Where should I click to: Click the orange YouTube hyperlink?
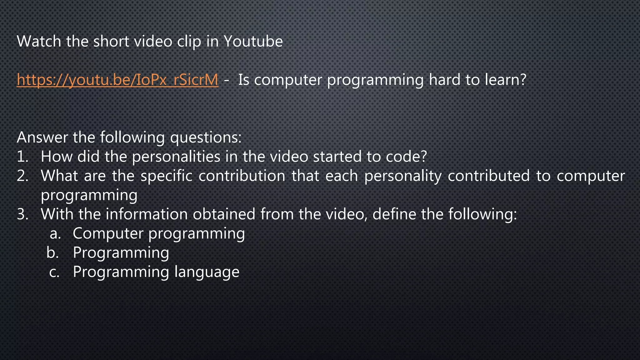(117, 80)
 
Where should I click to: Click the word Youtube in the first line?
(253, 41)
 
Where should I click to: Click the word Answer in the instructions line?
(42, 137)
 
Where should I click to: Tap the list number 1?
(22, 157)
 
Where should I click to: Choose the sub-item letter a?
(55, 234)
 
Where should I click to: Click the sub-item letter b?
(52, 253)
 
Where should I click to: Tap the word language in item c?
(207, 272)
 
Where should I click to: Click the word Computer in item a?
(108, 234)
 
